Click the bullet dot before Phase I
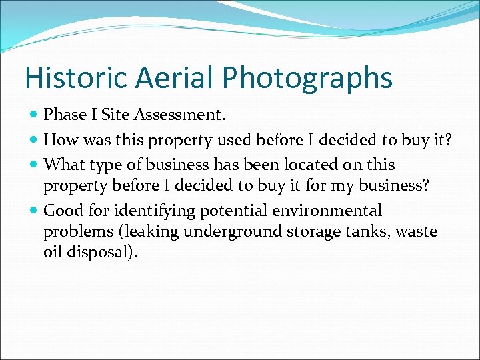coord(34,116)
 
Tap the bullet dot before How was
coord(34,141)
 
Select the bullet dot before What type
coord(34,165)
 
